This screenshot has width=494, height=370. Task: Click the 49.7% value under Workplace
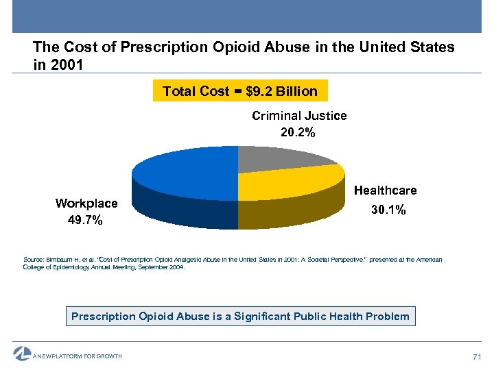(86, 220)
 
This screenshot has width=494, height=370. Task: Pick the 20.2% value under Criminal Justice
(298, 133)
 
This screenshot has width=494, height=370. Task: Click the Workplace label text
(86, 203)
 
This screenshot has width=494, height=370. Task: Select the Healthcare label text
(385, 190)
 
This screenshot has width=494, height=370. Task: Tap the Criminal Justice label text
(299, 116)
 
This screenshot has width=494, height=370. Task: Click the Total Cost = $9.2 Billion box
(239, 91)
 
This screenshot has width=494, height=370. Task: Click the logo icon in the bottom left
(22, 354)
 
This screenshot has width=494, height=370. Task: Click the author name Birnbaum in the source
(60, 260)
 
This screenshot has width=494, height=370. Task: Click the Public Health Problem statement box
(240, 316)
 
